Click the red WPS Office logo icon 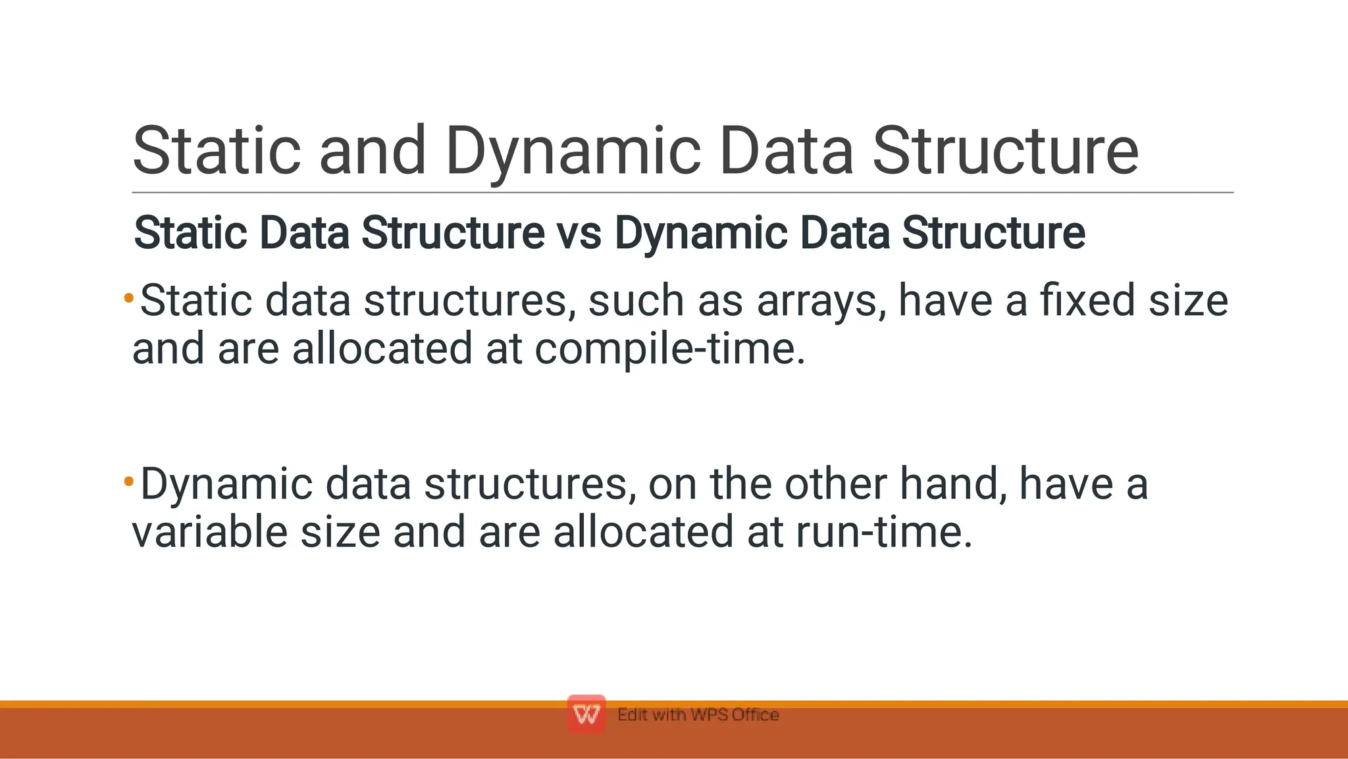point(586,714)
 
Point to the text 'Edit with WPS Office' point(698,715)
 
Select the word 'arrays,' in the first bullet point(821,301)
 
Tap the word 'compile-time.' point(670,349)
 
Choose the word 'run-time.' point(883,532)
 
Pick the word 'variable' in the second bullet point(210,532)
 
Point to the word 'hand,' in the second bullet point(953,484)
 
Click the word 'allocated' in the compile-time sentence point(382,349)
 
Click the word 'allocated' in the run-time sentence point(643,532)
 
